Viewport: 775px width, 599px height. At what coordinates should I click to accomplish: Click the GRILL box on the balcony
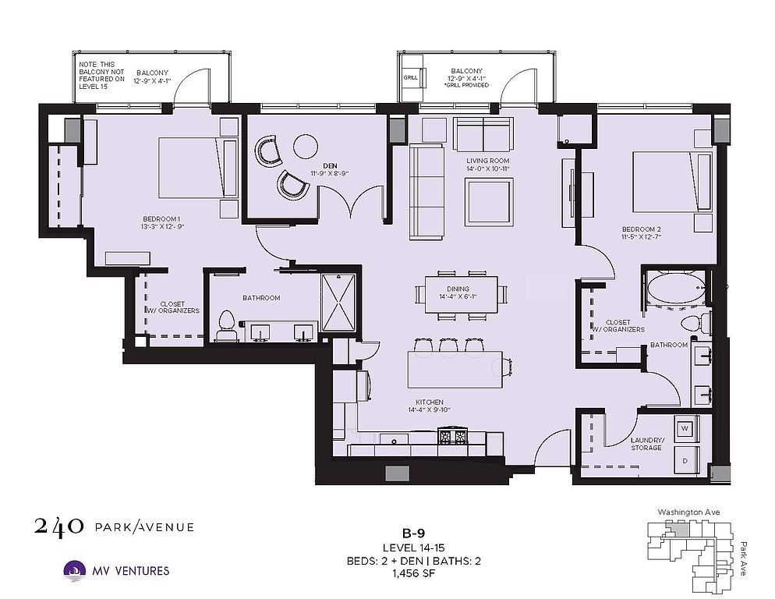click(x=411, y=77)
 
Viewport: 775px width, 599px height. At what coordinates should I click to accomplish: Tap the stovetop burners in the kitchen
click(x=453, y=436)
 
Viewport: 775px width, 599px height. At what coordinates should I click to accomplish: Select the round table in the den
click(x=306, y=146)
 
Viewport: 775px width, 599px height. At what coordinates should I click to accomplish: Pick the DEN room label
click(x=330, y=165)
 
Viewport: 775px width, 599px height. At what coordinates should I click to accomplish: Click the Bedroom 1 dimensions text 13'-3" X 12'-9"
click(x=163, y=227)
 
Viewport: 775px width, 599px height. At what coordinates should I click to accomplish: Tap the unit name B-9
click(x=413, y=533)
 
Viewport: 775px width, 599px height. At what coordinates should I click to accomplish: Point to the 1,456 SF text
click(x=414, y=574)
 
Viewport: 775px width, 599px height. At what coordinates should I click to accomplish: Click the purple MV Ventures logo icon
click(x=75, y=571)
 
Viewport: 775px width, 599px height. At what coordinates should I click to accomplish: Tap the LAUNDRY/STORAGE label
click(x=647, y=444)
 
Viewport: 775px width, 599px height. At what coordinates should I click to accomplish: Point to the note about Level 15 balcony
click(x=101, y=75)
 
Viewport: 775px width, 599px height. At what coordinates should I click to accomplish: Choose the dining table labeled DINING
click(x=461, y=294)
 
